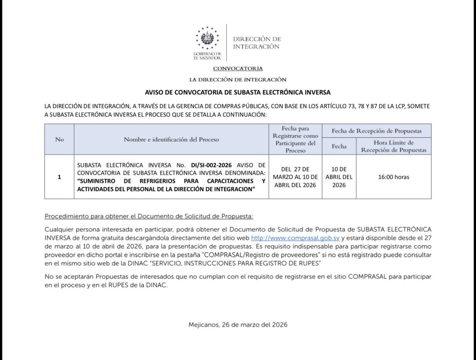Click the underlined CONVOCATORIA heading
(238, 69)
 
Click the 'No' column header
(59, 140)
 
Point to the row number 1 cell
(59, 177)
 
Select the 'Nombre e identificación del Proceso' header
(171, 140)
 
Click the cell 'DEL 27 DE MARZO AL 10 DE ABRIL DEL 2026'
(296, 177)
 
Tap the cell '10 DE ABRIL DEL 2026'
(339, 177)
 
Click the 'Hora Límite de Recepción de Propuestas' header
(393, 146)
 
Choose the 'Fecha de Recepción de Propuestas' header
(376, 131)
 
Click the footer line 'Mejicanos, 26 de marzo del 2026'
(238, 324)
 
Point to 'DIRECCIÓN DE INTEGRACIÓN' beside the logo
(256, 43)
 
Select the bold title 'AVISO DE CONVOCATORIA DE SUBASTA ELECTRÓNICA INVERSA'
(238, 92)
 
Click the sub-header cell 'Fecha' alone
(339, 146)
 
